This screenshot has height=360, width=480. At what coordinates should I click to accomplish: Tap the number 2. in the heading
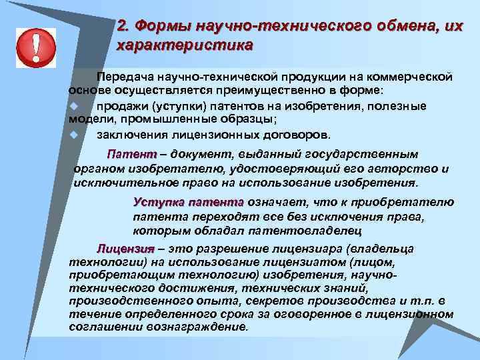point(123,26)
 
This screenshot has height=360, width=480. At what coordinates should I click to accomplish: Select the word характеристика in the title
point(185,46)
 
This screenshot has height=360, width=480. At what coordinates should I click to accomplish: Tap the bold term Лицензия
point(125,249)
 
